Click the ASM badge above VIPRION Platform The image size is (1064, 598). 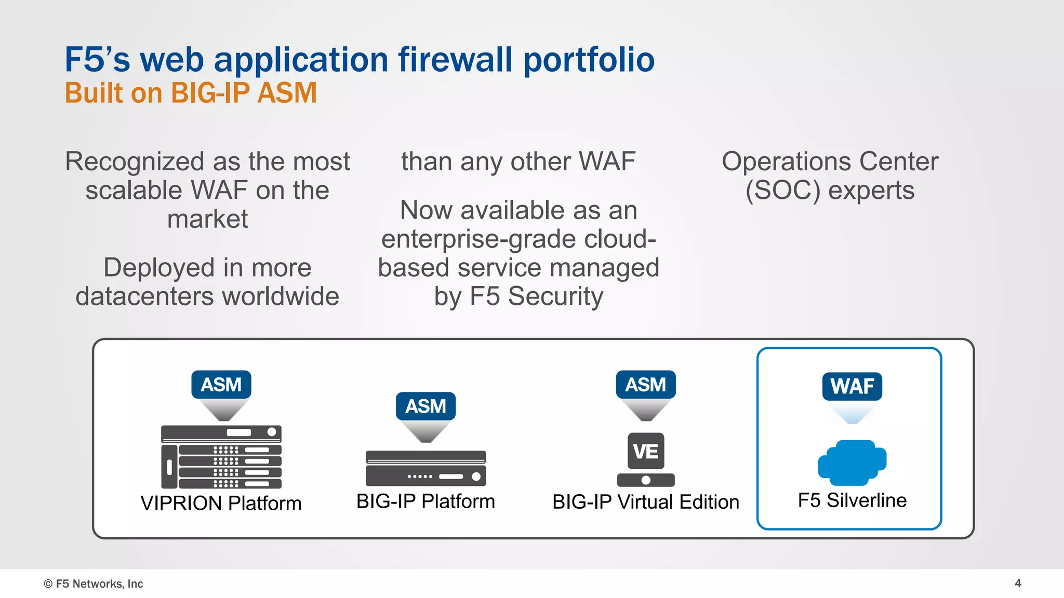(x=221, y=385)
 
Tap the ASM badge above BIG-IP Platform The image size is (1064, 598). (x=425, y=406)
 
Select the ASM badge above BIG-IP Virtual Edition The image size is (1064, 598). (x=645, y=385)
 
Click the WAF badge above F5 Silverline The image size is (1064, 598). (x=852, y=386)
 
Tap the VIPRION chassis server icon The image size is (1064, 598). (x=221, y=457)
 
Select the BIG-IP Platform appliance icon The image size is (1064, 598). (x=425, y=468)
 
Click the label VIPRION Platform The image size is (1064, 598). (x=221, y=503)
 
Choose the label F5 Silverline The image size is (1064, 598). (x=852, y=500)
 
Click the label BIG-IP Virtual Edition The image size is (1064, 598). (x=645, y=502)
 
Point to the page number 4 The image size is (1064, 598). (x=1018, y=583)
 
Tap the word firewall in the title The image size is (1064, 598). (x=455, y=59)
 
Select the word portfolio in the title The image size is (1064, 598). (x=588, y=60)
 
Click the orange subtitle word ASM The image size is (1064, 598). (x=287, y=93)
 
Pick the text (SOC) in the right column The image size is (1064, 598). (x=783, y=191)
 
